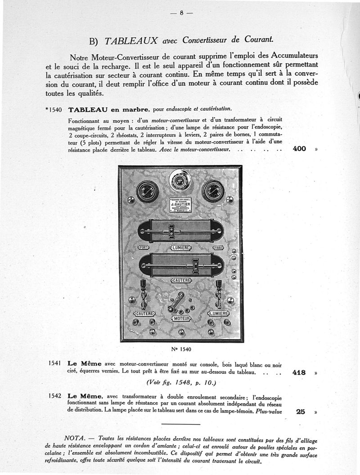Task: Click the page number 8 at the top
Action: tap(181, 13)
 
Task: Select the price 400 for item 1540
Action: tap(299, 149)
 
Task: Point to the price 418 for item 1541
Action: tap(299, 372)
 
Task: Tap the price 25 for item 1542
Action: tap(301, 411)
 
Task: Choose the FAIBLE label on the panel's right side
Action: tap(218, 247)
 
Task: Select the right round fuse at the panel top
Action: tap(213, 192)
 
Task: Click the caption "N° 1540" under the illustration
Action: tap(180, 349)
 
